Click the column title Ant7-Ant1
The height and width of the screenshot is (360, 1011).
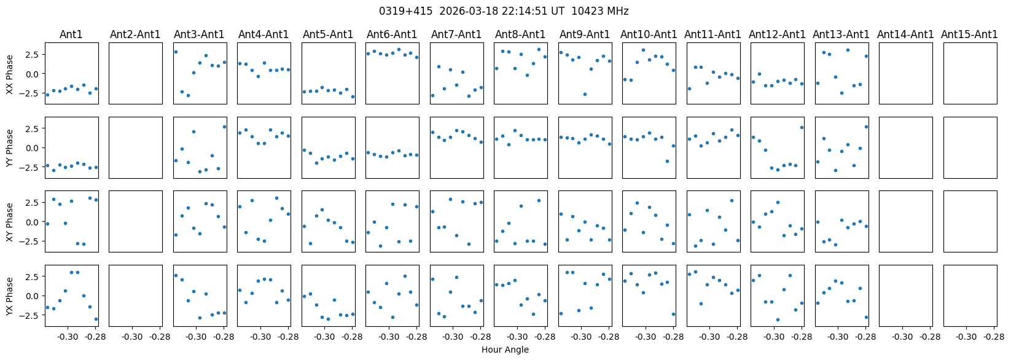(x=456, y=34)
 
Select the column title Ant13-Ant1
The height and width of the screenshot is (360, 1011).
(x=841, y=34)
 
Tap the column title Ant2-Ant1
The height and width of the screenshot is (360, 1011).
(x=135, y=34)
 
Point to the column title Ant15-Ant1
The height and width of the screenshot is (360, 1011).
(x=969, y=34)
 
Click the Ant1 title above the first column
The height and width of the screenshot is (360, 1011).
(x=71, y=34)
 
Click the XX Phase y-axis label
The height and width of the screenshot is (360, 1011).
(x=10, y=74)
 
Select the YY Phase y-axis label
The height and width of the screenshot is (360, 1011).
(x=10, y=147)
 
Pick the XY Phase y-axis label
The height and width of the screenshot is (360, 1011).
(x=10, y=221)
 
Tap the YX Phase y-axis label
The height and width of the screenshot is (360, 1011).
(x=10, y=295)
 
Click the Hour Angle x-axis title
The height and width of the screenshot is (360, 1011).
(x=505, y=350)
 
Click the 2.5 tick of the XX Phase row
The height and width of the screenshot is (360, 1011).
(x=32, y=54)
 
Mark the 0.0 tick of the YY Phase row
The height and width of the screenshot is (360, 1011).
(x=32, y=147)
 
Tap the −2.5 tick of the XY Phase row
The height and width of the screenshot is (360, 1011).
(x=29, y=241)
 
